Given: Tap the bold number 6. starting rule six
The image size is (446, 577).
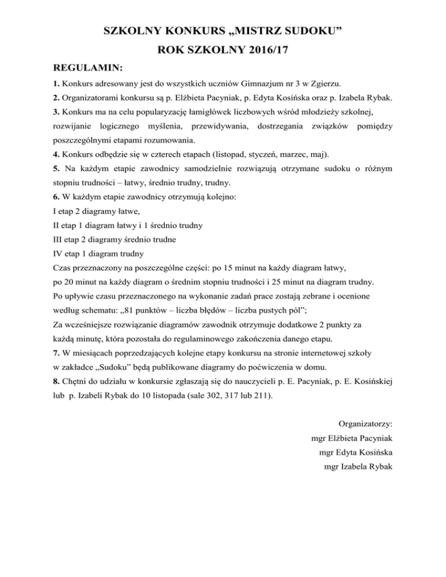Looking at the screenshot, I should (x=56, y=197).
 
